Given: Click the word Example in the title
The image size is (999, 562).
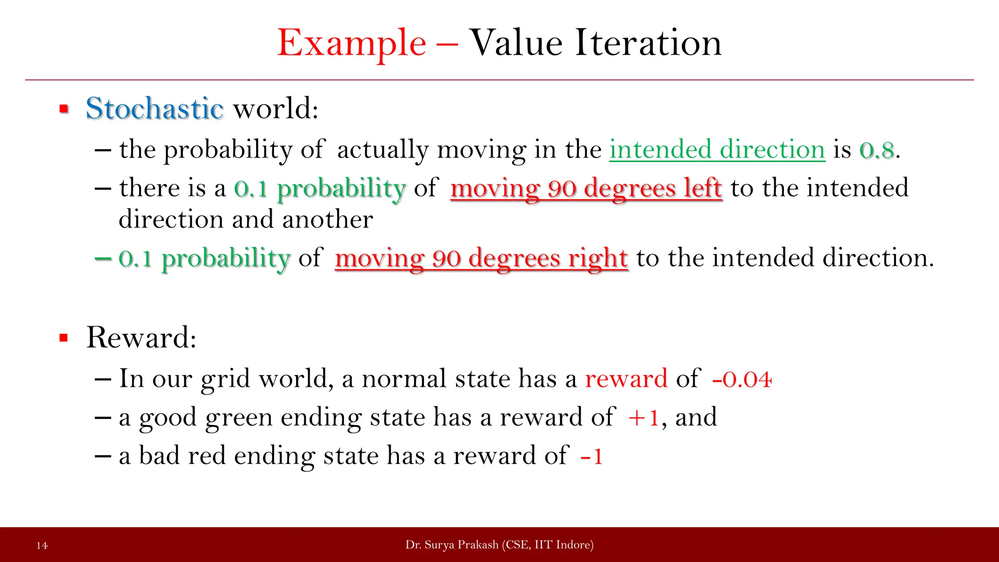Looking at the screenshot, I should point(351,44).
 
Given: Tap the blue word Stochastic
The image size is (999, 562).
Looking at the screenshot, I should point(154,108).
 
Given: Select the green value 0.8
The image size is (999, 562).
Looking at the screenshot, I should point(877,150).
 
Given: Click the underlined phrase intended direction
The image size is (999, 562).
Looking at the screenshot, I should point(717,150).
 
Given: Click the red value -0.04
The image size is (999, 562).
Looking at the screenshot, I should point(741,379).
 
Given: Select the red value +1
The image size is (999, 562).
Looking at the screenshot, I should point(643,418).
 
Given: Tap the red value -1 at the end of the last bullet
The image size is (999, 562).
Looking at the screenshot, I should point(592,457).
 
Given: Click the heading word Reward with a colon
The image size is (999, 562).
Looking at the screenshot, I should point(141,338).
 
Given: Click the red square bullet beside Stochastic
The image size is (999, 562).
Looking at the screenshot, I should point(64,109).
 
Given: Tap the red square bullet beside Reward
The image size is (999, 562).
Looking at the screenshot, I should point(64,338).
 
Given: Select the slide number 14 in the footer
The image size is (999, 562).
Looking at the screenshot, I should point(42,545).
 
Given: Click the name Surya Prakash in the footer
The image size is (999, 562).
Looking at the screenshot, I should point(461,545).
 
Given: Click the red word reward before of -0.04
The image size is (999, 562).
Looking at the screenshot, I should point(626,379).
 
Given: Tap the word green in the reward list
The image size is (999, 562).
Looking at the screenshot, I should point(239,418).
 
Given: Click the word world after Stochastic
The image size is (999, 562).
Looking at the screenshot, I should point(275,108).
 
